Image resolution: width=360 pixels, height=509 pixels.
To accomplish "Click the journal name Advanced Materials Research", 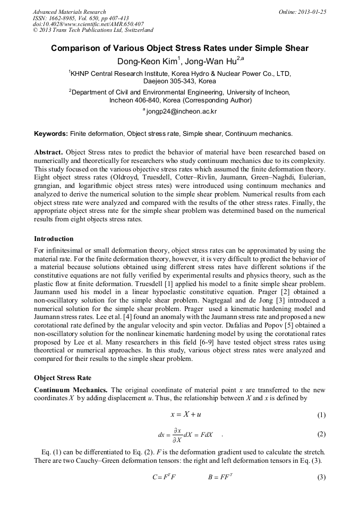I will click(69, 12).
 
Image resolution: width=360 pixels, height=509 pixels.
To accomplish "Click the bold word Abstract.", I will click(48, 152).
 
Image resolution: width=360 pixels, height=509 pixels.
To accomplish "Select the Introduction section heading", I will click(54, 238).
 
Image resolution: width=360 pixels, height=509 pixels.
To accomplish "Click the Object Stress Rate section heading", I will click(63, 378).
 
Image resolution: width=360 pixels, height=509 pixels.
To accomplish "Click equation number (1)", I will click(321, 415).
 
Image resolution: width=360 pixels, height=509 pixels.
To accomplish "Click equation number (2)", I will click(321, 434).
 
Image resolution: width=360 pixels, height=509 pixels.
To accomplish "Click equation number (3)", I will click(321, 477).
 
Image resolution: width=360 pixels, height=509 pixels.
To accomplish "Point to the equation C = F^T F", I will click(164, 477).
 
